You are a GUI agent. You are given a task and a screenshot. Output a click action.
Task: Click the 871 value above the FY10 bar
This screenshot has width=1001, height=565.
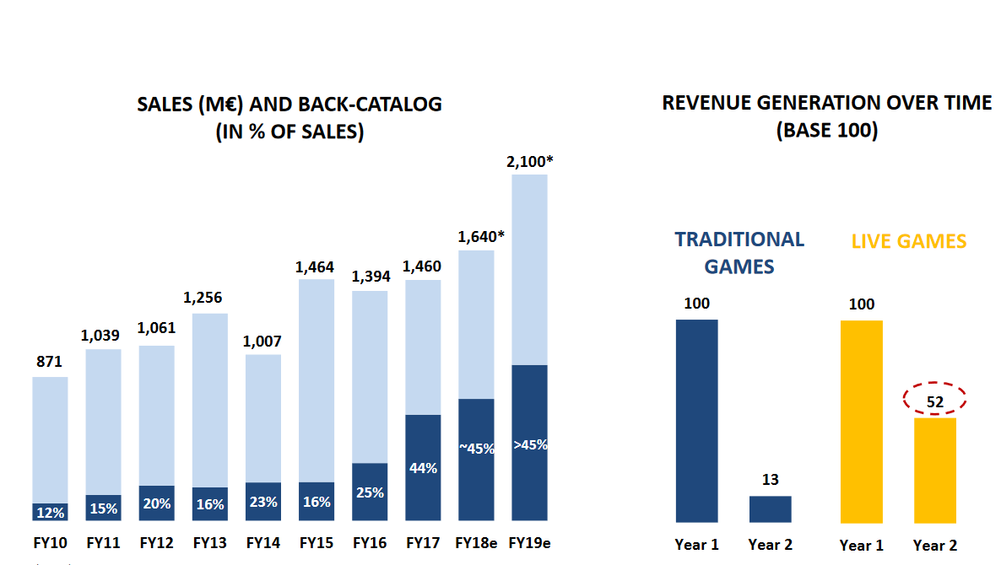50,362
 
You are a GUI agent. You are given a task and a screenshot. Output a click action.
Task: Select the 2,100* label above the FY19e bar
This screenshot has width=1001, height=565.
529,160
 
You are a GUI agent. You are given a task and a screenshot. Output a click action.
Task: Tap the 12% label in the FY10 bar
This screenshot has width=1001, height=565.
50,512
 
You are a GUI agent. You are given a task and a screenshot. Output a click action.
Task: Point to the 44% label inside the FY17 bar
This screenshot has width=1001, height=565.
423,468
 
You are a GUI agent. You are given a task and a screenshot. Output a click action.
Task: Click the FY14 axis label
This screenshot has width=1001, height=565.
262,543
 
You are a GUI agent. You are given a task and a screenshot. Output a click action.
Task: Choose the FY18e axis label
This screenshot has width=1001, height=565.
475,543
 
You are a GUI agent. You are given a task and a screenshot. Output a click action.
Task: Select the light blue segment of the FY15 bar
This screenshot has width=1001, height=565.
316,379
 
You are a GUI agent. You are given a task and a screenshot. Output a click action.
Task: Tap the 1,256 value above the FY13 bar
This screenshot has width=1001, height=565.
209,298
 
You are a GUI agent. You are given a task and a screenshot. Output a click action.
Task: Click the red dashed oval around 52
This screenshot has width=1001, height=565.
934,401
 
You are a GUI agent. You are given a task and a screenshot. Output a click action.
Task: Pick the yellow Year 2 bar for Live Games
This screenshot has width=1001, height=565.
934,470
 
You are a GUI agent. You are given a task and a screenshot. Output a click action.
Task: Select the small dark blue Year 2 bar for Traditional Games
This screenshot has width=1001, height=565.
770,509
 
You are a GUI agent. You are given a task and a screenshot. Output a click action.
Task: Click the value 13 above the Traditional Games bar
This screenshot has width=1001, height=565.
770,480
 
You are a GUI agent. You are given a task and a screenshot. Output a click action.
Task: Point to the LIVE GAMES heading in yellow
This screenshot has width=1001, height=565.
908,241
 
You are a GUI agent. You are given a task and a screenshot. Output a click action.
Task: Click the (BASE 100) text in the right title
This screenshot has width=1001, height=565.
826,132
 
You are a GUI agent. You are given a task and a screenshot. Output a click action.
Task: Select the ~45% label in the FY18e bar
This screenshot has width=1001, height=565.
476,449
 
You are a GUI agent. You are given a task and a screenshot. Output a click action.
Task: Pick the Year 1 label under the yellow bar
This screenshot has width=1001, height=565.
862,546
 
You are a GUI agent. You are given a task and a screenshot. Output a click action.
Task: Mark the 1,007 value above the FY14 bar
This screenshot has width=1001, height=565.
263,342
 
